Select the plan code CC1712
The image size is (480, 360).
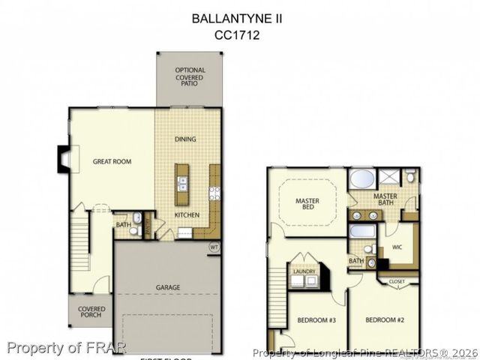click(237, 34)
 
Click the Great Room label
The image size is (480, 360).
click(112, 161)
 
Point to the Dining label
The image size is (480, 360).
click(185, 139)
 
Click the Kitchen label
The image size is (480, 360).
click(187, 215)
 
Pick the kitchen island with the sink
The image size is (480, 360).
click(182, 184)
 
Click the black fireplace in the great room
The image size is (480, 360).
click(63, 158)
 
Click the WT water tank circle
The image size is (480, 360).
click(214, 245)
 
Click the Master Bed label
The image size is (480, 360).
click(307, 205)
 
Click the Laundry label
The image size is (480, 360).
click(303, 271)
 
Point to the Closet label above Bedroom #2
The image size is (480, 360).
click(397, 281)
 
